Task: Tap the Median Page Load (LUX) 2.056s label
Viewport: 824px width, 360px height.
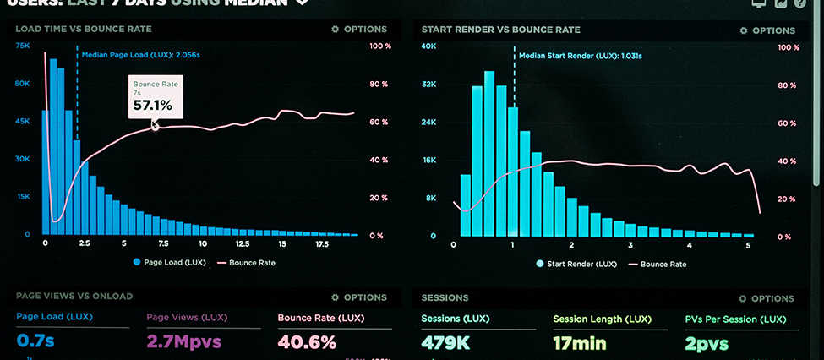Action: (x=140, y=55)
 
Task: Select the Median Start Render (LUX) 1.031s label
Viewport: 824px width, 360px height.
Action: (x=581, y=55)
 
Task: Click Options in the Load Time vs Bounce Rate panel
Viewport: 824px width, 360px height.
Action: (x=359, y=30)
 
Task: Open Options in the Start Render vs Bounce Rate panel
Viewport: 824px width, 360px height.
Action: (x=767, y=30)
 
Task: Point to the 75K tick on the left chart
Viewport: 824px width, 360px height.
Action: (x=23, y=46)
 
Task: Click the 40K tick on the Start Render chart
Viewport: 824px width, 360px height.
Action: (x=428, y=46)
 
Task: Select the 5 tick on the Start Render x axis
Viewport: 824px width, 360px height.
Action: (x=748, y=246)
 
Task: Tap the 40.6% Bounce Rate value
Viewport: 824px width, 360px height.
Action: (x=307, y=342)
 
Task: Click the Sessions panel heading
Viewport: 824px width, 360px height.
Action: (x=445, y=298)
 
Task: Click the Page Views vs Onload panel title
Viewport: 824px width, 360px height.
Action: (x=74, y=297)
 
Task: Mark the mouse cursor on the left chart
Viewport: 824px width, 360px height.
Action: (x=155, y=125)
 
